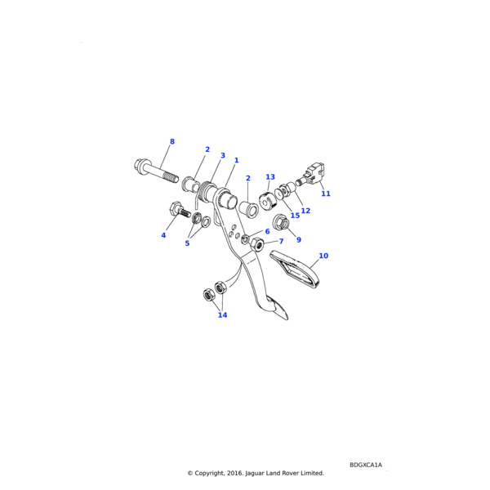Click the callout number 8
pyautogui.click(x=171, y=142)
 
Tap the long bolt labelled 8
pyautogui.click(x=154, y=170)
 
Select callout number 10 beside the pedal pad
pyautogui.click(x=323, y=256)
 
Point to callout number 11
pyautogui.click(x=326, y=194)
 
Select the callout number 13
pyautogui.click(x=270, y=176)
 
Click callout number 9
pyautogui.click(x=298, y=239)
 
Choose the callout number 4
pyautogui.click(x=163, y=235)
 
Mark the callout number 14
pyautogui.click(x=222, y=315)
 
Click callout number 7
pyautogui.click(x=281, y=242)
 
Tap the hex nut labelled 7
pyautogui.click(x=256, y=243)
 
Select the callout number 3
pyautogui.click(x=222, y=155)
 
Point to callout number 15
pyautogui.click(x=295, y=216)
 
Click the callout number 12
pyautogui.click(x=305, y=211)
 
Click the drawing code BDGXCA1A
pyautogui.click(x=365, y=465)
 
